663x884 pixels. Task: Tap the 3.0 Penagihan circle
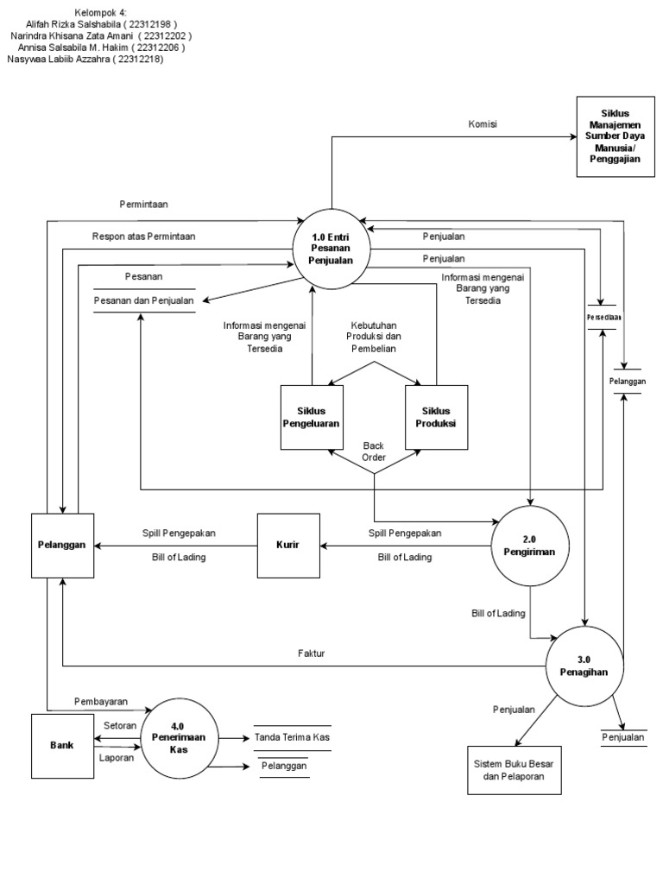(x=584, y=665)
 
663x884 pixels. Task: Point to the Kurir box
(x=287, y=546)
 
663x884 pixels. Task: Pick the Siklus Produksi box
(x=437, y=417)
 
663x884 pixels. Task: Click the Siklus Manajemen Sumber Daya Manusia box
(x=614, y=136)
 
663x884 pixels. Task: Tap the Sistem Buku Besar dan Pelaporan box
(x=513, y=770)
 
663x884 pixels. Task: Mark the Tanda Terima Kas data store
(x=292, y=737)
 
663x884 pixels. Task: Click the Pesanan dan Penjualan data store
(x=143, y=300)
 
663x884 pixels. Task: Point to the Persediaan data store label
(x=603, y=316)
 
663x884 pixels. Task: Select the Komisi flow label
(x=483, y=123)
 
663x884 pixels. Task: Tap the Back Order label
(x=374, y=451)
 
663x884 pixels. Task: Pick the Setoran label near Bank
(x=119, y=726)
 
